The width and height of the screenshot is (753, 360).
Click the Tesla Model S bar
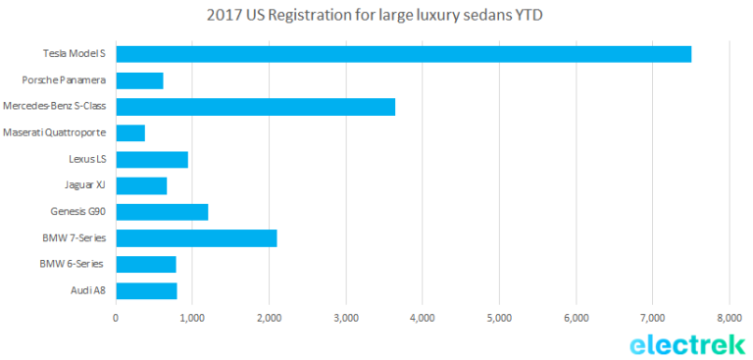[x=403, y=54]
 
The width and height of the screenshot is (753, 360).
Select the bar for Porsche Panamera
[x=140, y=80]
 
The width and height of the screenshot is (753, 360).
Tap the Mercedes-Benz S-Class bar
[x=256, y=107]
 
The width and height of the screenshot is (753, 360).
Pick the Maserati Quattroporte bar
[x=130, y=133]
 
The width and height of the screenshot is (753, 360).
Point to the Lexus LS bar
[x=152, y=160]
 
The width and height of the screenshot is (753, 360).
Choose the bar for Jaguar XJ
[x=141, y=185]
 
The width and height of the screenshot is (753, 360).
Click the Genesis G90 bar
[x=163, y=212]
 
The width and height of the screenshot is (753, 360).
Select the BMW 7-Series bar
[x=196, y=238]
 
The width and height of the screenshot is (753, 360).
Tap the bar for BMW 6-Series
[x=146, y=264]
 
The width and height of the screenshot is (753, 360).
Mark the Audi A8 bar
[x=146, y=290]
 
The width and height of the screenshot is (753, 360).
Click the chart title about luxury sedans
[x=375, y=16]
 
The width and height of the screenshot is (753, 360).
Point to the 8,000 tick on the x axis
[x=729, y=318]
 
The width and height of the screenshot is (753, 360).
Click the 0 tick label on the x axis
[x=116, y=318]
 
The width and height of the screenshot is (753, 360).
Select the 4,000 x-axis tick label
[x=423, y=318]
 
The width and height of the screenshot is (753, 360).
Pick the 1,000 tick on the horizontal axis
[x=192, y=318]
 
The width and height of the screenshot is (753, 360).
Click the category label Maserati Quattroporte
[x=54, y=132]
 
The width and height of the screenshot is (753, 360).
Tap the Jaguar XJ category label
[x=85, y=185]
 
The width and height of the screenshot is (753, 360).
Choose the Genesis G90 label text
[x=78, y=212]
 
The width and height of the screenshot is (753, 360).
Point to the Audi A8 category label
[x=88, y=290]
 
